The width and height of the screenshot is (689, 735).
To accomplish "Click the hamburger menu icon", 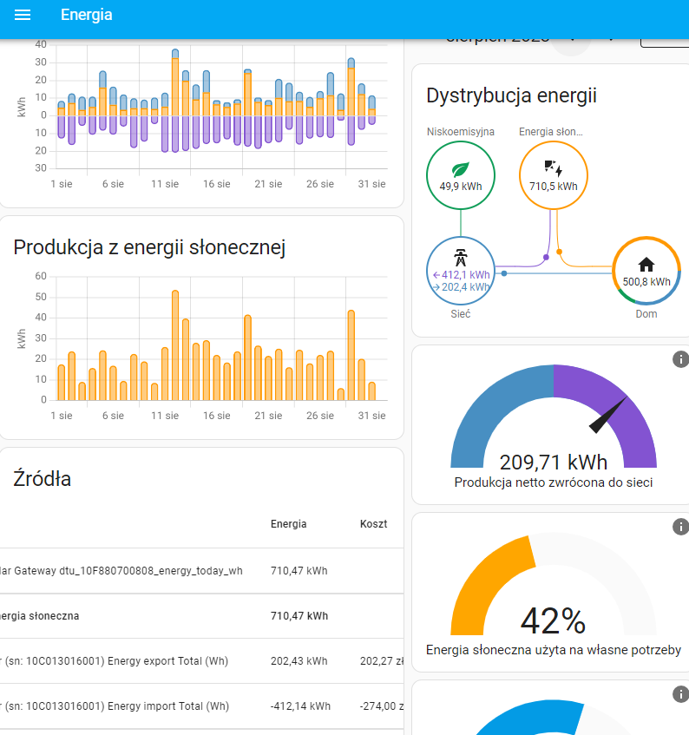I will click(23, 16).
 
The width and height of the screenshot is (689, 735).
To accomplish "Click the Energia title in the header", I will click(86, 16).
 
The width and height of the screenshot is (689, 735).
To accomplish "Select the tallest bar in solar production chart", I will click(175, 345).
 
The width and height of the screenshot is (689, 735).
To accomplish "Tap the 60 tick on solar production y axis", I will click(41, 276).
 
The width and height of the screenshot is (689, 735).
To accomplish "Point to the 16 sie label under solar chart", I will click(217, 416).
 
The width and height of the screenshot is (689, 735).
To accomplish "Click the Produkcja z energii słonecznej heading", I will click(149, 247).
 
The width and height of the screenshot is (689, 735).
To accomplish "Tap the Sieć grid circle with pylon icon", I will click(461, 270).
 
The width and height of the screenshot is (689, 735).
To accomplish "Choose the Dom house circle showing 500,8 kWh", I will click(646, 270).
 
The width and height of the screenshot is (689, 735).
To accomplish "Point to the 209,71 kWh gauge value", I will click(554, 462).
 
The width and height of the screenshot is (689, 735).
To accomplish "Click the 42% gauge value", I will click(554, 620).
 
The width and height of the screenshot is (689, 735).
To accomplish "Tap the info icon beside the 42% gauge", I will click(680, 527).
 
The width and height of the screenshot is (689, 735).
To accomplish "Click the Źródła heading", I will click(43, 478).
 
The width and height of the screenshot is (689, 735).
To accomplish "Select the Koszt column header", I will click(374, 524).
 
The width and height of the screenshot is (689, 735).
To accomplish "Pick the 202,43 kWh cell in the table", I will click(299, 660).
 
